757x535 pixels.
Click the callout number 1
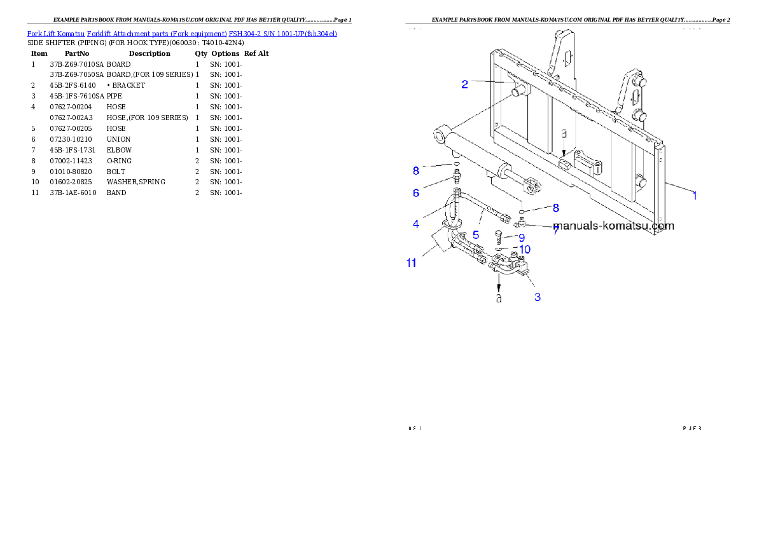pos(695,196)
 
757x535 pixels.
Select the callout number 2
pos(465,84)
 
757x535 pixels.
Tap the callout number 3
pos(538,297)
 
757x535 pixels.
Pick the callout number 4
pos(416,224)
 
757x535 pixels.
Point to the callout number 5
pos(475,235)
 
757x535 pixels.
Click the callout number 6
pos(416,193)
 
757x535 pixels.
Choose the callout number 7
pos(555,230)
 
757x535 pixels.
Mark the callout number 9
pos(521,238)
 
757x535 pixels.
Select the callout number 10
pos(525,249)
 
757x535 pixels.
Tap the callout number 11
pos(412,263)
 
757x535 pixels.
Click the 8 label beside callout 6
pos(416,170)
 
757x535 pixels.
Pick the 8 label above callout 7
pos(555,208)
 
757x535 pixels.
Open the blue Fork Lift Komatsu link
pos(182,33)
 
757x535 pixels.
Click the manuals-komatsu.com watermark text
pos(613,226)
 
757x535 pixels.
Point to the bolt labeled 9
pos(499,236)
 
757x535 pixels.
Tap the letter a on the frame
pos(564,135)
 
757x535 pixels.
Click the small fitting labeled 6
pos(456,175)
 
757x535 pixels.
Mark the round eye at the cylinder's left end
pos(440,135)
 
